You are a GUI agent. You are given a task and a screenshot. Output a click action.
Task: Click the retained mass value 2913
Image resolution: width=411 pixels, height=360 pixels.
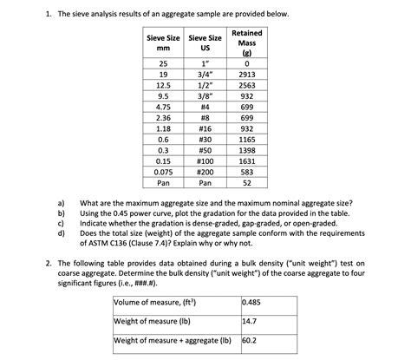(248, 75)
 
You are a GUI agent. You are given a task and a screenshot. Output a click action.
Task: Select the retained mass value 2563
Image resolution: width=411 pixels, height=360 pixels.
(248, 86)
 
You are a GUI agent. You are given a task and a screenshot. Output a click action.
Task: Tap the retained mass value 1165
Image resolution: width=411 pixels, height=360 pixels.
(248, 139)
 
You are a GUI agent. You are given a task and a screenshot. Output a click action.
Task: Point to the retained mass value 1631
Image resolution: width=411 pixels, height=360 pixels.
(248, 160)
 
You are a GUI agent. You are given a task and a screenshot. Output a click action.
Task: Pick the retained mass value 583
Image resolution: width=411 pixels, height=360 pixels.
(248, 171)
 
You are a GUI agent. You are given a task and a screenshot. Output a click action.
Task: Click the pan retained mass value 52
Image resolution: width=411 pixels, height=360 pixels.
(248, 182)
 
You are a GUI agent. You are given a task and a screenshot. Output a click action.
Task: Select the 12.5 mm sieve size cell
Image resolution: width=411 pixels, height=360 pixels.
(162, 86)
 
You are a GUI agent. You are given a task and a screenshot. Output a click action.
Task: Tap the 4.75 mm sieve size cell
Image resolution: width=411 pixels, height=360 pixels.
(162, 107)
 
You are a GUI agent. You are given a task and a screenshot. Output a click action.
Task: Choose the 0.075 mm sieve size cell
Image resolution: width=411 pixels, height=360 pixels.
(162, 171)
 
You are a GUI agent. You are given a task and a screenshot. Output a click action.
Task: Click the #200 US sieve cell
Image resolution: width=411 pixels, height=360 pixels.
(205, 171)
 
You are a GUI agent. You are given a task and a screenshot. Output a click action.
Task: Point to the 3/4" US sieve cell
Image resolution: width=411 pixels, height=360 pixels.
(205, 75)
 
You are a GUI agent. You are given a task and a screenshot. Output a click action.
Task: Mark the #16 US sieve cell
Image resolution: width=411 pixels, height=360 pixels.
(205, 128)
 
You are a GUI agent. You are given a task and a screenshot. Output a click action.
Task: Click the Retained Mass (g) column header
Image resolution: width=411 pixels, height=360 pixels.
(248, 43)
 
